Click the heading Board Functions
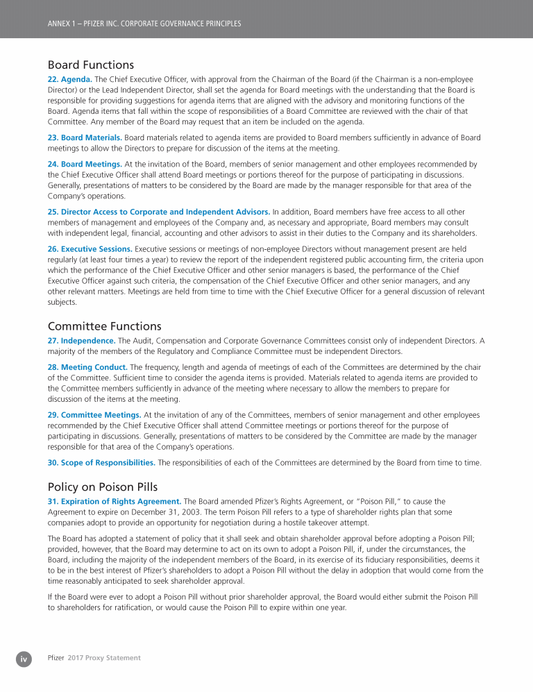[90, 65]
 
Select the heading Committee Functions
[104, 326]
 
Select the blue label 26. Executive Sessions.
[90, 248]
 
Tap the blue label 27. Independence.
[81, 340]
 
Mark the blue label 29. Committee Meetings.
[94, 414]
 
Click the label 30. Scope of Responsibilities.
[101, 462]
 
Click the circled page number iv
[24, 658]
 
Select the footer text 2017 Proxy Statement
[104, 658]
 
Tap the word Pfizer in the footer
[56, 658]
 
